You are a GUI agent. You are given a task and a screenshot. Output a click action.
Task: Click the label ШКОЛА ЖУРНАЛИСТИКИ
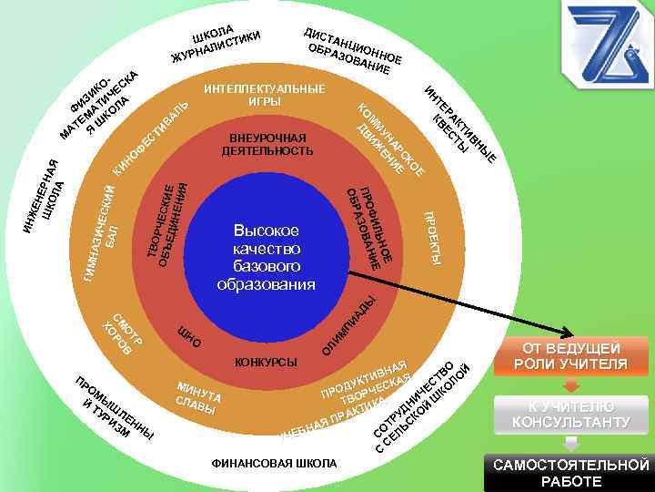coord(216,44)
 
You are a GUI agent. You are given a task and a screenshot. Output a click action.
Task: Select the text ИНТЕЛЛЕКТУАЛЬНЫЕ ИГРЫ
coord(264,95)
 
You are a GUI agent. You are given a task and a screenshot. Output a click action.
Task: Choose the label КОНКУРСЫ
coord(266,363)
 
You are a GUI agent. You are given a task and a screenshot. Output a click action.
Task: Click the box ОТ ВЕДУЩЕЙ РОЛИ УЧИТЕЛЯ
coord(571,356)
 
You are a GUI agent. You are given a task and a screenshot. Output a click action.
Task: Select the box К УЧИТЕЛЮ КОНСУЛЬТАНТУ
coord(571,415)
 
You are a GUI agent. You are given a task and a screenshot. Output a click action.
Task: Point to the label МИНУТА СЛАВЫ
coord(199,396)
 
